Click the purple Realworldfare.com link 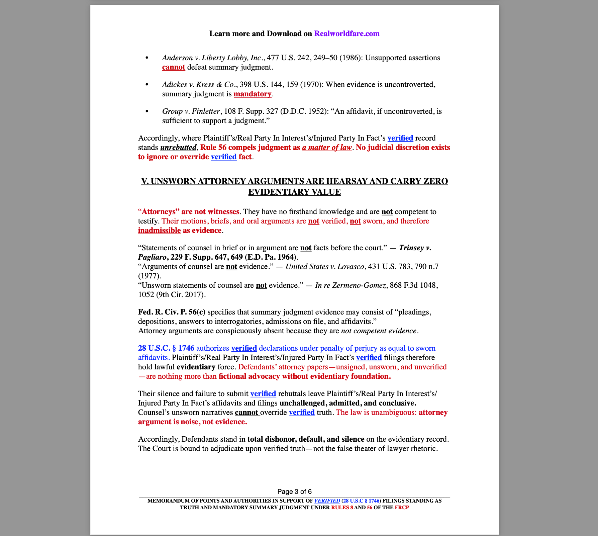(346, 33)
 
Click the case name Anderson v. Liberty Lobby (212, 58)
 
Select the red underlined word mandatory (252, 94)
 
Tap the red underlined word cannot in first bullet (174, 67)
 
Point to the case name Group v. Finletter (191, 111)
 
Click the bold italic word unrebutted (178, 148)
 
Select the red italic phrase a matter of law (327, 148)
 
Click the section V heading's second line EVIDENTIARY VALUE (294, 192)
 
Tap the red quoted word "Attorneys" (159, 212)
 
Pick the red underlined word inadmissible (159, 231)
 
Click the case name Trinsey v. (415, 248)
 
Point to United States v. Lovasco (324, 267)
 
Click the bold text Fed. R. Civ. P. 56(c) (172, 312)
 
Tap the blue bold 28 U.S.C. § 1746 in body (166, 348)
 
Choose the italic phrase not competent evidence (379, 331)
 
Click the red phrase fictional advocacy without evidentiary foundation (304, 376)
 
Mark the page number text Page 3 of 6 (294, 492)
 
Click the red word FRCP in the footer (402, 508)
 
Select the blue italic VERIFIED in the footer (327, 501)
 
